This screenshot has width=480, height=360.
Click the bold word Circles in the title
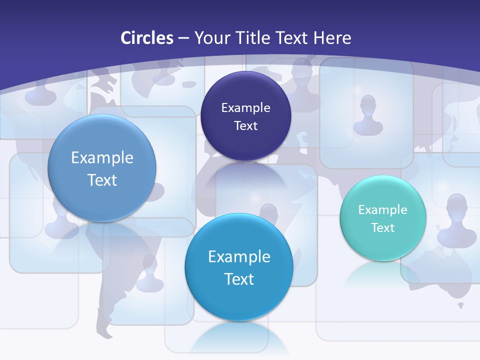click(147, 38)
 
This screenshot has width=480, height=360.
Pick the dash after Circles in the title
click(183, 38)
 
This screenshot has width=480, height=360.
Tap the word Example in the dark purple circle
click(245, 107)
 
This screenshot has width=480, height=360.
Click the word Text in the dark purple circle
click(245, 125)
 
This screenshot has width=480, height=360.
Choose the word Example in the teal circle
click(382, 209)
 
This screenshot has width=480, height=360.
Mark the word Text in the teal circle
click(382, 227)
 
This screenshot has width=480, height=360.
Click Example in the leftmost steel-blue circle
click(102, 157)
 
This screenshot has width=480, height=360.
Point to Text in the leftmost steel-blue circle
click(102, 180)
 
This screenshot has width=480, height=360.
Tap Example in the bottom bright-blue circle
click(239, 256)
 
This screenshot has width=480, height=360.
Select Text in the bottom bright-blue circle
click(239, 279)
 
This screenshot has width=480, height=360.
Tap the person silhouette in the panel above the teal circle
click(368, 115)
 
